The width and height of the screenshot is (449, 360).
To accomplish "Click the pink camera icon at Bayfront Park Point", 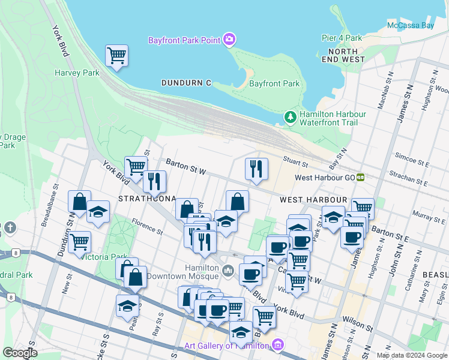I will pyautogui.click(x=229, y=40).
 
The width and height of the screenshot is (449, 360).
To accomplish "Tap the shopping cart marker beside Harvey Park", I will pyautogui.click(x=116, y=56).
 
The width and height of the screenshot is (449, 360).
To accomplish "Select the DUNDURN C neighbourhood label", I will pyautogui.click(x=186, y=83).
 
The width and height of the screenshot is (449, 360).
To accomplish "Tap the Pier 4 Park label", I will pyautogui.click(x=342, y=38).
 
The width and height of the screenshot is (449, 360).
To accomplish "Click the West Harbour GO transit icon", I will pyautogui.click(x=361, y=177).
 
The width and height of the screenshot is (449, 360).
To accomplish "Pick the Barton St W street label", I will pyautogui.click(x=187, y=172).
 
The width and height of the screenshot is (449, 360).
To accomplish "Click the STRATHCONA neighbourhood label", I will pyautogui.click(x=147, y=199).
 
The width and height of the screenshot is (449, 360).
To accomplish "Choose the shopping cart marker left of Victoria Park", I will pyautogui.click(x=79, y=242).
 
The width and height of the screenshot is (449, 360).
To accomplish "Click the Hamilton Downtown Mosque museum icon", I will pyautogui.click(x=228, y=272).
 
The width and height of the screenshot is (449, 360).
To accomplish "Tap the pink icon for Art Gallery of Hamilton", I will pyautogui.click(x=277, y=345).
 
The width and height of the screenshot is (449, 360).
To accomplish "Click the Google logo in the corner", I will pyautogui.click(x=19, y=353).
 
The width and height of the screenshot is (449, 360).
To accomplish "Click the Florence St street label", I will pyautogui.click(x=148, y=229).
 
